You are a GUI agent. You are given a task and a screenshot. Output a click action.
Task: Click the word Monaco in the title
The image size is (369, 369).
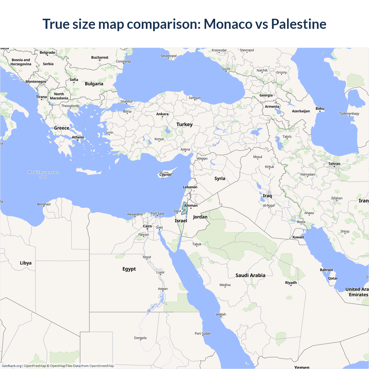tap(228, 24)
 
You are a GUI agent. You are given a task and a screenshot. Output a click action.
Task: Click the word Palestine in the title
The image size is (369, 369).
tap(299, 24)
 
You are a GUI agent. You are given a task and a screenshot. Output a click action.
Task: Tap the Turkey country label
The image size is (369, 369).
tap(184, 125)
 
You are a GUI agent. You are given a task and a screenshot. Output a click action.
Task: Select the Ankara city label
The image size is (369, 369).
tap(162, 114)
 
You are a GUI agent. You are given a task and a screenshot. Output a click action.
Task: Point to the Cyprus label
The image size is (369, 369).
tap(165, 175)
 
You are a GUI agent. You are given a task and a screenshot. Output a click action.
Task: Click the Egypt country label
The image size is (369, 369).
tap(129, 269)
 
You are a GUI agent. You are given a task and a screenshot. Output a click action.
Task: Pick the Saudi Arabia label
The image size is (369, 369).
tap(250, 275)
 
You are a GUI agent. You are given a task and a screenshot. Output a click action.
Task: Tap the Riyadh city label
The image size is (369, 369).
tap(291, 283)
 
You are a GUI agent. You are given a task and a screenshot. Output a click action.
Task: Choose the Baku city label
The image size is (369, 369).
tap(320, 109)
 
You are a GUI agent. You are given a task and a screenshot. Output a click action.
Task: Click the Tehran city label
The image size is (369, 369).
tap(334, 164)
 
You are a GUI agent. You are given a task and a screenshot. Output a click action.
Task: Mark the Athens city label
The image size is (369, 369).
tap(78, 137)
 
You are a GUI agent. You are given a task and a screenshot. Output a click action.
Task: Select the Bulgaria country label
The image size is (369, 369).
tap(94, 84)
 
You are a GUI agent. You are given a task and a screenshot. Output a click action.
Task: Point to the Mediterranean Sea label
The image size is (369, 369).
tap(43, 174)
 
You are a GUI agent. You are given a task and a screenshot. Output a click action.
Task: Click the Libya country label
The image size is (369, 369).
tap(26, 263)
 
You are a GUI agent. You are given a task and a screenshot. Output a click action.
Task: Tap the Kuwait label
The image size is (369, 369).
tap(298, 237)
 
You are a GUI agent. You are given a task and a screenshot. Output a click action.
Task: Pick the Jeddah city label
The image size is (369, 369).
tap(221, 314)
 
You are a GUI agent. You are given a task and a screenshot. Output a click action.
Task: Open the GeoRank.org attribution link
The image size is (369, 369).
tap(12, 366)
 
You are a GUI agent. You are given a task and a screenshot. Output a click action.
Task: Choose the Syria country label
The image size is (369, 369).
tap(220, 179)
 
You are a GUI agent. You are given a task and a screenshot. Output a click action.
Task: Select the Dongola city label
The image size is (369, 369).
tap(140, 338)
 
